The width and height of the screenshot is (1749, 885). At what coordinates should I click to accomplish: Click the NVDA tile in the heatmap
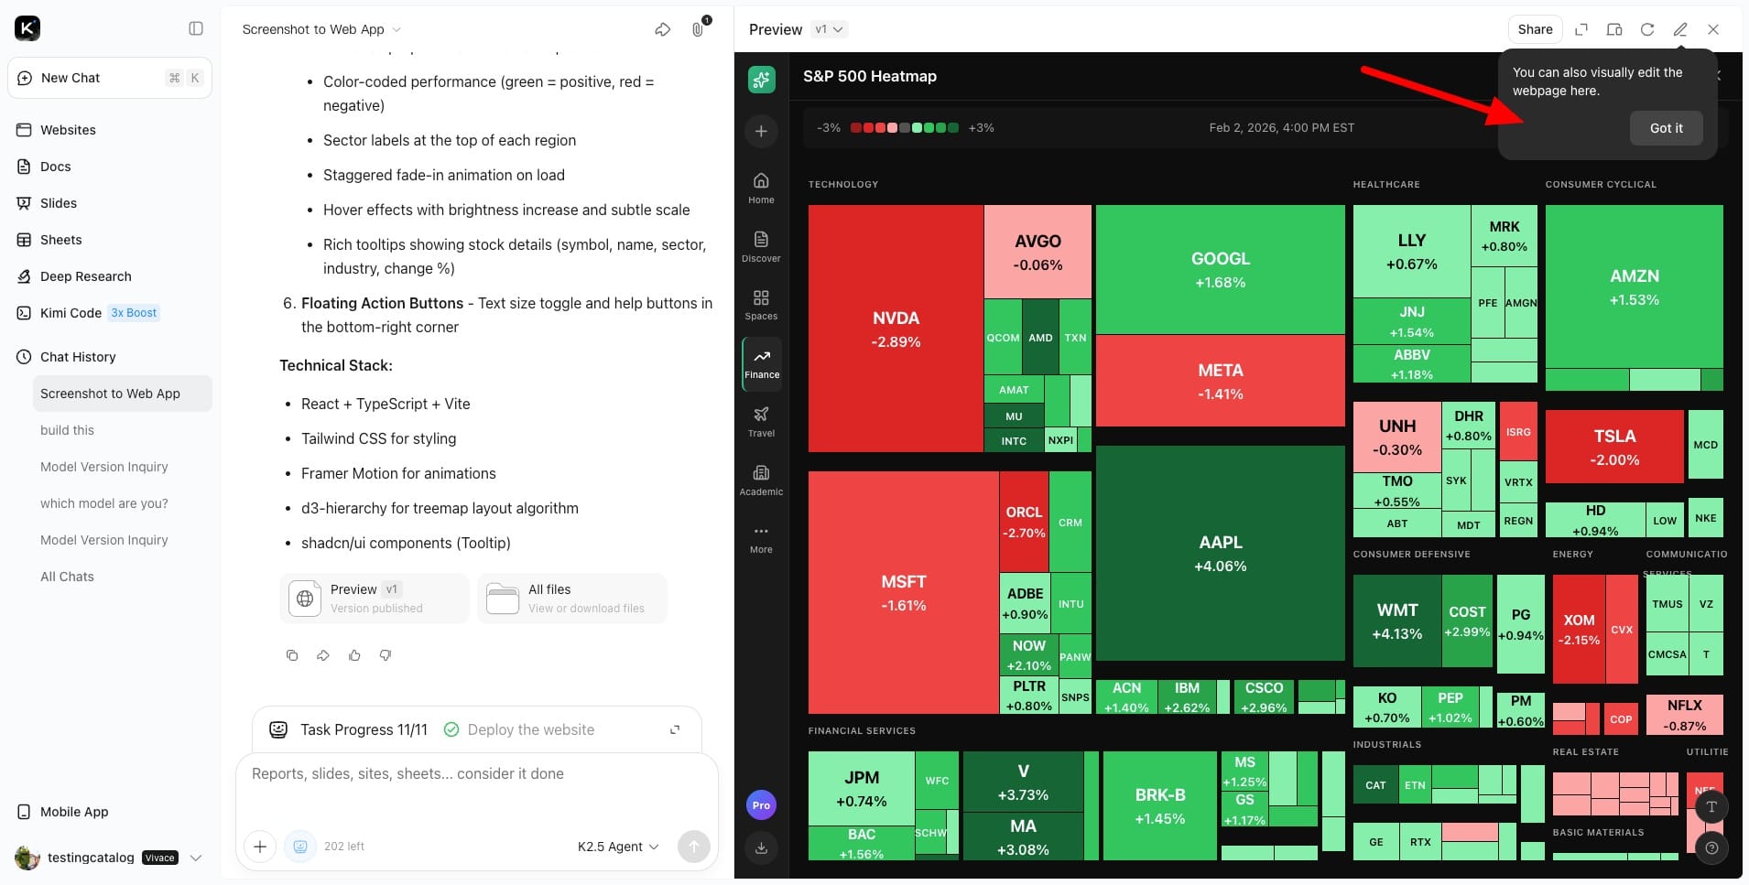click(x=896, y=329)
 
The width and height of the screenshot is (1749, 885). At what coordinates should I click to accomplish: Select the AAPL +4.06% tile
click(x=1220, y=553)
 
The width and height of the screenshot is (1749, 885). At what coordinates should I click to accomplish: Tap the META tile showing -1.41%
click(x=1220, y=381)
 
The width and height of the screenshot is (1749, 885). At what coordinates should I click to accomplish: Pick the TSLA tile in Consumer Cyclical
click(x=1613, y=447)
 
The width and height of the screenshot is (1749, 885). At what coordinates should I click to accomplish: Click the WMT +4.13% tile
click(x=1396, y=621)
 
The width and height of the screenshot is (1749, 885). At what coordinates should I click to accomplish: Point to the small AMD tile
click(x=1040, y=338)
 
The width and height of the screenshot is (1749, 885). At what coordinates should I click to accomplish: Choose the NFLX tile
click(x=1684, y=715)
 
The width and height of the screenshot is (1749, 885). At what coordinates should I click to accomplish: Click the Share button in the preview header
click(x=1535, y=29)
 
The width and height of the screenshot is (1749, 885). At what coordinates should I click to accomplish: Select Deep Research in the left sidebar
click(x=86, y=276)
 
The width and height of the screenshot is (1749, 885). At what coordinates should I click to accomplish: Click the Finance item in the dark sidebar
click(x=761, y=363)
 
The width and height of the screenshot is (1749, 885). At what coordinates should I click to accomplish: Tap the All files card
click(x=571, y=599)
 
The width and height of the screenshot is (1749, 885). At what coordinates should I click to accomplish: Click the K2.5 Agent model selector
click(x=618, y=847)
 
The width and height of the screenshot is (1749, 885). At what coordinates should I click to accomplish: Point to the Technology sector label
click(x=842, y=185)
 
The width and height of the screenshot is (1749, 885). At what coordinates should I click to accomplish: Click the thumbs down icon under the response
click(x=386, y=655)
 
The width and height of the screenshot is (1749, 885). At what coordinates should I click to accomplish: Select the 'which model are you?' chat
click(x=104, y=503)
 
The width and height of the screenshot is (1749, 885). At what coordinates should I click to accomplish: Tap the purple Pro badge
click(x=761, y=805)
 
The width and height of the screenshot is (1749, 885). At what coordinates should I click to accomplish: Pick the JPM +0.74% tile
click(x=861, y=788)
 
